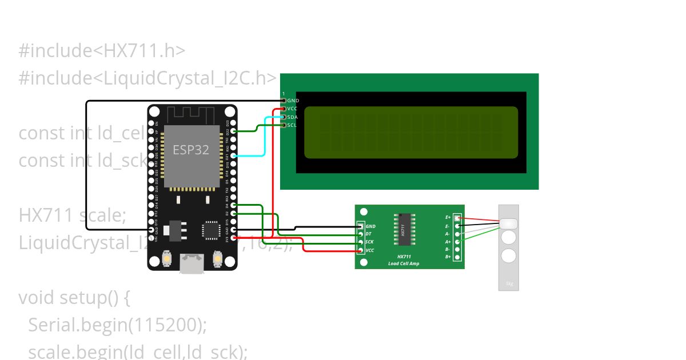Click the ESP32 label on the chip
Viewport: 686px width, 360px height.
click(x=191, y=150)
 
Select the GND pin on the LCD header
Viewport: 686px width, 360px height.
click(x=284, y=101)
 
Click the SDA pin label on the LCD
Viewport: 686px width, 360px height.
click(x=292, y=117)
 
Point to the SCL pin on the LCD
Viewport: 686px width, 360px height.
click(x=284, y=125)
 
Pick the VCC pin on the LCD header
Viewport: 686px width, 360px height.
click(x=284, y=109)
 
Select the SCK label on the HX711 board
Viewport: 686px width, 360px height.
click(x=369, y=242)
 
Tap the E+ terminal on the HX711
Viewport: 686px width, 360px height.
click(x=457, y=218)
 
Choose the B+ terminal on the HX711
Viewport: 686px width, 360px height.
click(x=457, y=257)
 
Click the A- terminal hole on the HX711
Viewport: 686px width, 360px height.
click(x=457, y=234)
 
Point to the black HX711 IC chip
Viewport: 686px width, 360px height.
click(x=403, y=230)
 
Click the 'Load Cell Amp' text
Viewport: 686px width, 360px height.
click(x=404, y=263)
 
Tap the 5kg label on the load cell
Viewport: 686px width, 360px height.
click(x=509, y=283)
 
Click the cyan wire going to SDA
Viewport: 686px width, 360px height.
click(x=264, y=137)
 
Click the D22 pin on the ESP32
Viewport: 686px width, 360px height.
click(x=234, y=131)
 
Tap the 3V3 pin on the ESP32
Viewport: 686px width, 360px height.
click(x=234, y=237)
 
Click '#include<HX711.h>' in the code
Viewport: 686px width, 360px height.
click(x=102, y=51)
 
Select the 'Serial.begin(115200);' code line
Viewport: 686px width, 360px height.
click(x=117, y=325)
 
